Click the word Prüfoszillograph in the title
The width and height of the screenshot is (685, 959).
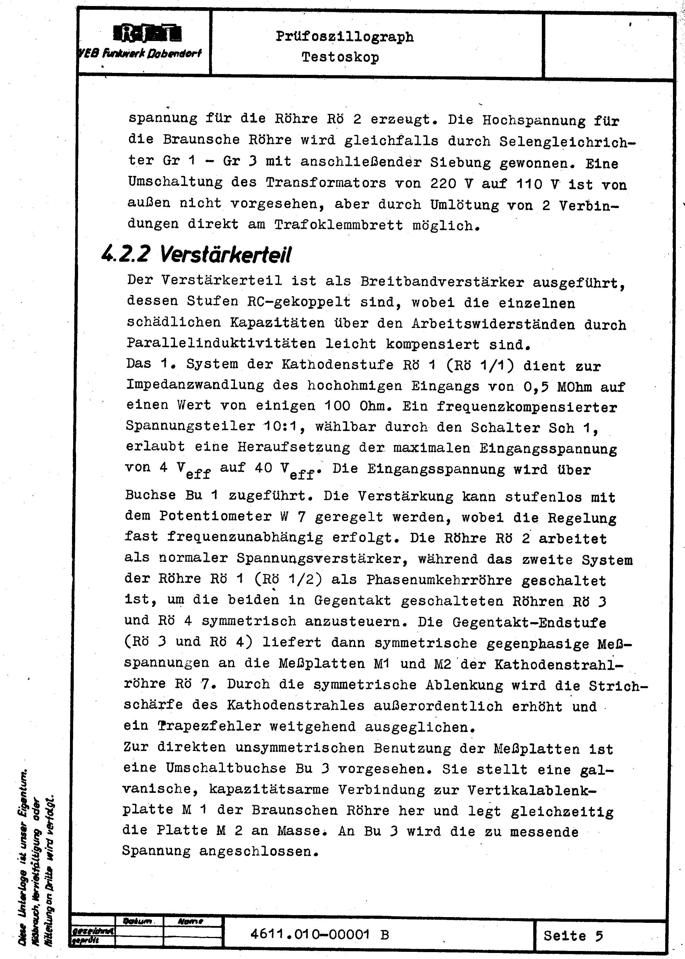coord(345,37)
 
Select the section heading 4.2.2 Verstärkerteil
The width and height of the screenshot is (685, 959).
coord(196,255)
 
